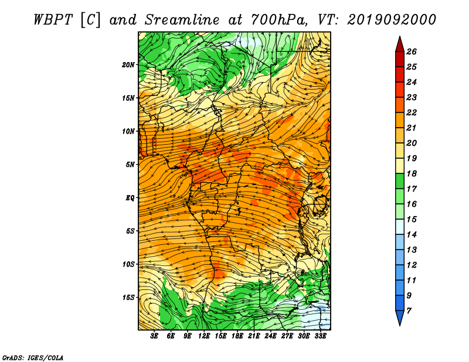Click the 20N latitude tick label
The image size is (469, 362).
(x=128, y=65)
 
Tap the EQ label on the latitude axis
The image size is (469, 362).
(x=130, y=198)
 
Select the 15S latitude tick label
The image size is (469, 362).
(x=128, y=298)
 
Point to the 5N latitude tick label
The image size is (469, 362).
(x=130, y=165)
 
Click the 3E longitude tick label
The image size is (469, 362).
(x=154, y=336)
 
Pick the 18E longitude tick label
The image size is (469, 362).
(x=237, y=336)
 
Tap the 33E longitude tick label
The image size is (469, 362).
(x=320, y=336)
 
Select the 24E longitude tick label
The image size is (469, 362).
(x=270, y=336)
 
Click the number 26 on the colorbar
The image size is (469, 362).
(x=412, y=52)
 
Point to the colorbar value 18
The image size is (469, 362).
(x=412, y=173)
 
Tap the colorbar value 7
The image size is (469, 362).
(x=409, y=311)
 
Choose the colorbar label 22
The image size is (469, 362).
(x=412, y=112)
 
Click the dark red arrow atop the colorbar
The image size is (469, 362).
(x=400, y=45)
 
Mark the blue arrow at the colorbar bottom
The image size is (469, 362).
(x=400, y=318)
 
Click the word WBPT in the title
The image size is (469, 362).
(x=53, y=20)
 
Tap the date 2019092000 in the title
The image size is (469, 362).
(x=392, y=20)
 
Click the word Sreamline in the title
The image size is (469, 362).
(x=182, y=20)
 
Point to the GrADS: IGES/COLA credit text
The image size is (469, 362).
(x=33, y=358)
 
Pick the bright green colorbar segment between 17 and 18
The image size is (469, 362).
(x=400, y=181)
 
